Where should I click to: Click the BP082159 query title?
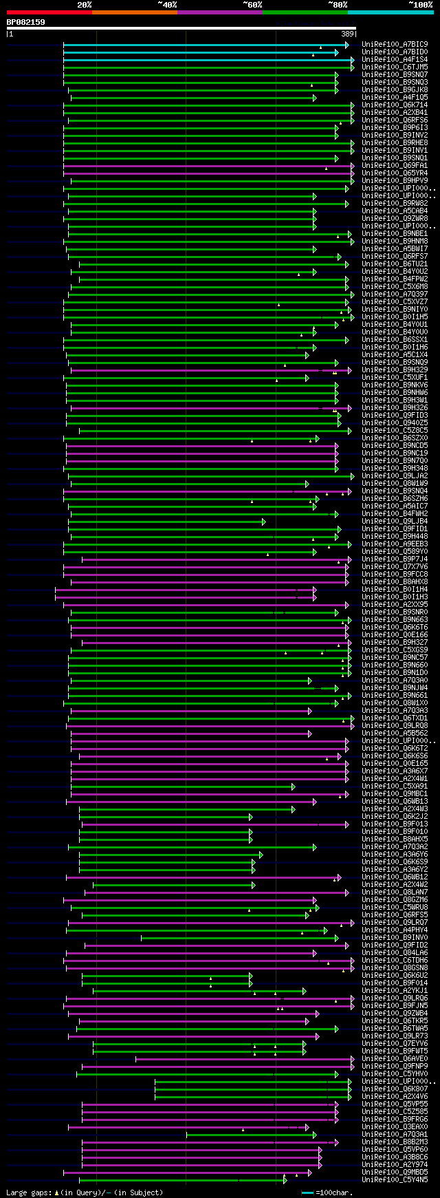[26, 22]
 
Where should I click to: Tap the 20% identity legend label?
[85, 4]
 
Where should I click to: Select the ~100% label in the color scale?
[420, 4]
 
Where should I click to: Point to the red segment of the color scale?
[49, 12]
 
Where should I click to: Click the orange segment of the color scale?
[134, 12]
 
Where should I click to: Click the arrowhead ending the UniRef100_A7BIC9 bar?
[346, 45]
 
